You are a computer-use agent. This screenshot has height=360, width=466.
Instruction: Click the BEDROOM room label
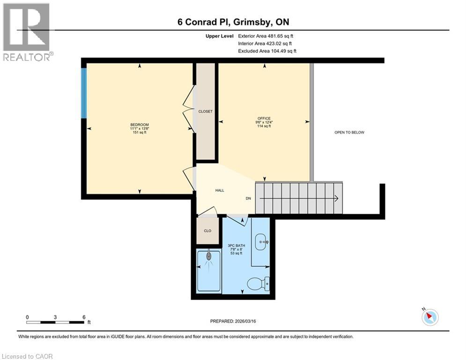140,125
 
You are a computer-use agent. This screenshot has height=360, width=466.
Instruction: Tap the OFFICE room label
264,118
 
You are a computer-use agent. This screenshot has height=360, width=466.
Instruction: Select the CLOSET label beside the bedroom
205,112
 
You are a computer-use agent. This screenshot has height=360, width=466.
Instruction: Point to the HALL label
219,190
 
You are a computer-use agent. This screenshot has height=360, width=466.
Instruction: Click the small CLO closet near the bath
207,231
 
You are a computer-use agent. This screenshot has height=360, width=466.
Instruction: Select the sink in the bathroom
261,242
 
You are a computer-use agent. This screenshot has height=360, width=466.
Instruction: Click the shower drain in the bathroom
208,256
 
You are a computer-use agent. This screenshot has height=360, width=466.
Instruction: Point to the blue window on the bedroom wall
84,93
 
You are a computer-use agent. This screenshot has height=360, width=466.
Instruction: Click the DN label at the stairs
248,198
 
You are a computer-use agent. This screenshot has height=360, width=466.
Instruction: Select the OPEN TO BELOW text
349,132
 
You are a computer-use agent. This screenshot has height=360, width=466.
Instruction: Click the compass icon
429,317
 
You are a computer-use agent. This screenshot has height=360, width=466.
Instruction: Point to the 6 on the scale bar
83,317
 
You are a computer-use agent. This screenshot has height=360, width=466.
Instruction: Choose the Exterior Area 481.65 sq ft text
266,36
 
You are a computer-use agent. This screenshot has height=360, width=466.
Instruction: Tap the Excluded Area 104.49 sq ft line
267,51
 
